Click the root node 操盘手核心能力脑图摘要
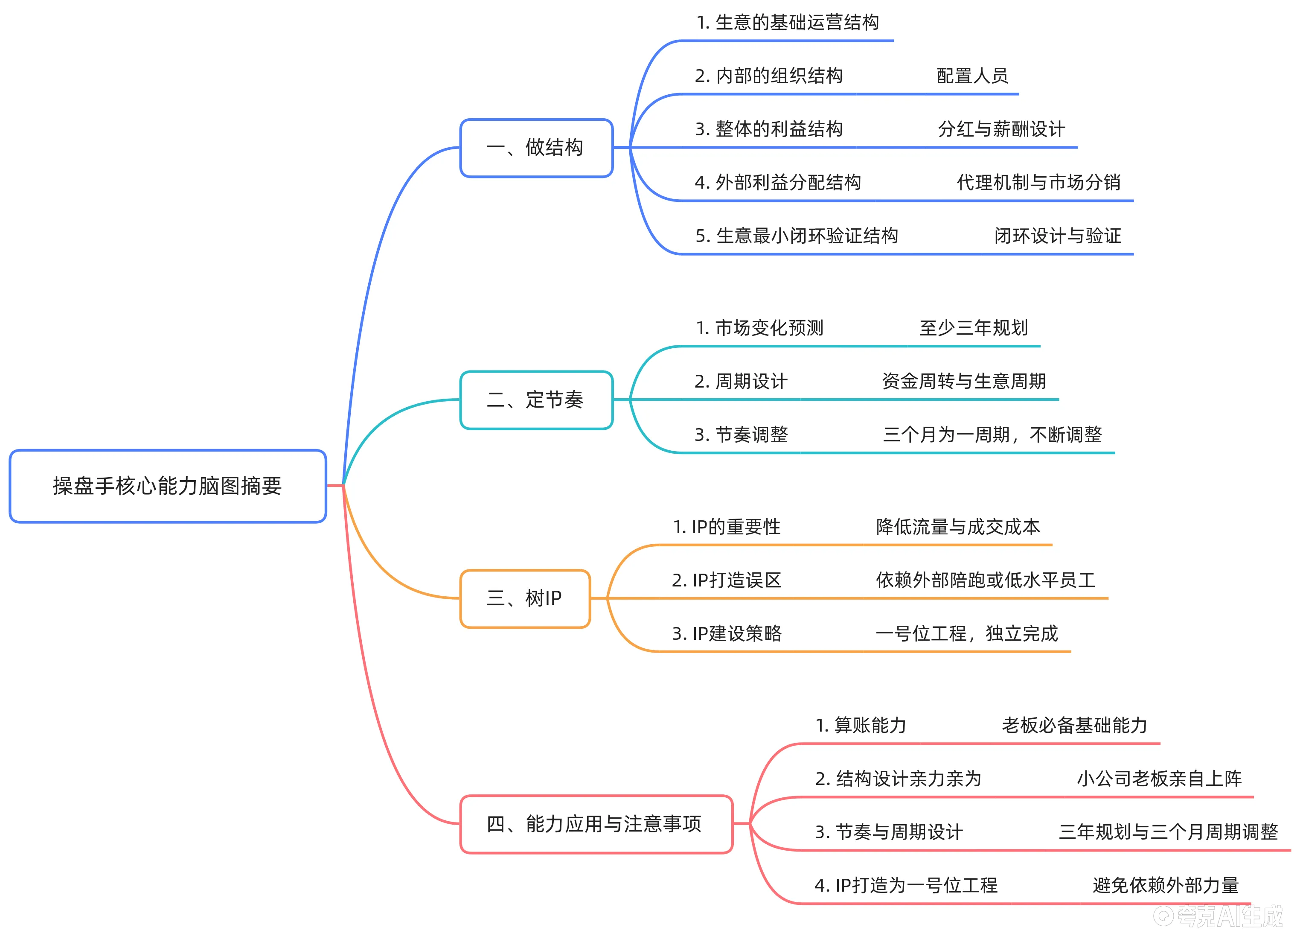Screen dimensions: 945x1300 (x=167, y=486)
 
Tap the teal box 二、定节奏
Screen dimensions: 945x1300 (x=536, y=400)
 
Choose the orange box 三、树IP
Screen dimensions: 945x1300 (x=524, y=598)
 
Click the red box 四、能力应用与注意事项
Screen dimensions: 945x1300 (x=596, y=824)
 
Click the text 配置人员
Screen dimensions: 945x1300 (x=972, y=76)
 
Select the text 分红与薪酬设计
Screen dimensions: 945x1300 (x=1001, y=129)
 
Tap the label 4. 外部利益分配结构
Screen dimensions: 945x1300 (x=778, y=182)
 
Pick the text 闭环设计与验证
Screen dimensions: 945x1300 (x=1058, y=236)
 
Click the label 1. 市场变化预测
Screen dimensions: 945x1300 (x=759, y=328)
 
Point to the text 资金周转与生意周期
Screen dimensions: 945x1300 (x=963, y=381)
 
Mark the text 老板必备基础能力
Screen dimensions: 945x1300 (x=1074, y=725)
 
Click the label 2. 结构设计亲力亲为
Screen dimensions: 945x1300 (x=898, y=779)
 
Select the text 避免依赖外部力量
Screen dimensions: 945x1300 (x=1165, y=885)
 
